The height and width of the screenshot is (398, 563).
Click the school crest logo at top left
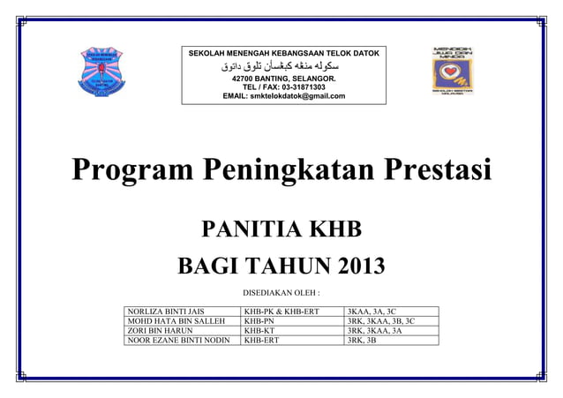(104, 71)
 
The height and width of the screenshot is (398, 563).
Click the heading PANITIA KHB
(281, 231)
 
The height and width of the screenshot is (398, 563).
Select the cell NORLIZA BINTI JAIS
(167, 312)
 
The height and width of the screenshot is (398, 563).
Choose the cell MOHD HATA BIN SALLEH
(174, 320)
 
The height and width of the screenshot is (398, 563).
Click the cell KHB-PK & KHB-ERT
(281, 312)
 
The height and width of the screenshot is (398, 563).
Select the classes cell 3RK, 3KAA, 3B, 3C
(382, 320)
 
